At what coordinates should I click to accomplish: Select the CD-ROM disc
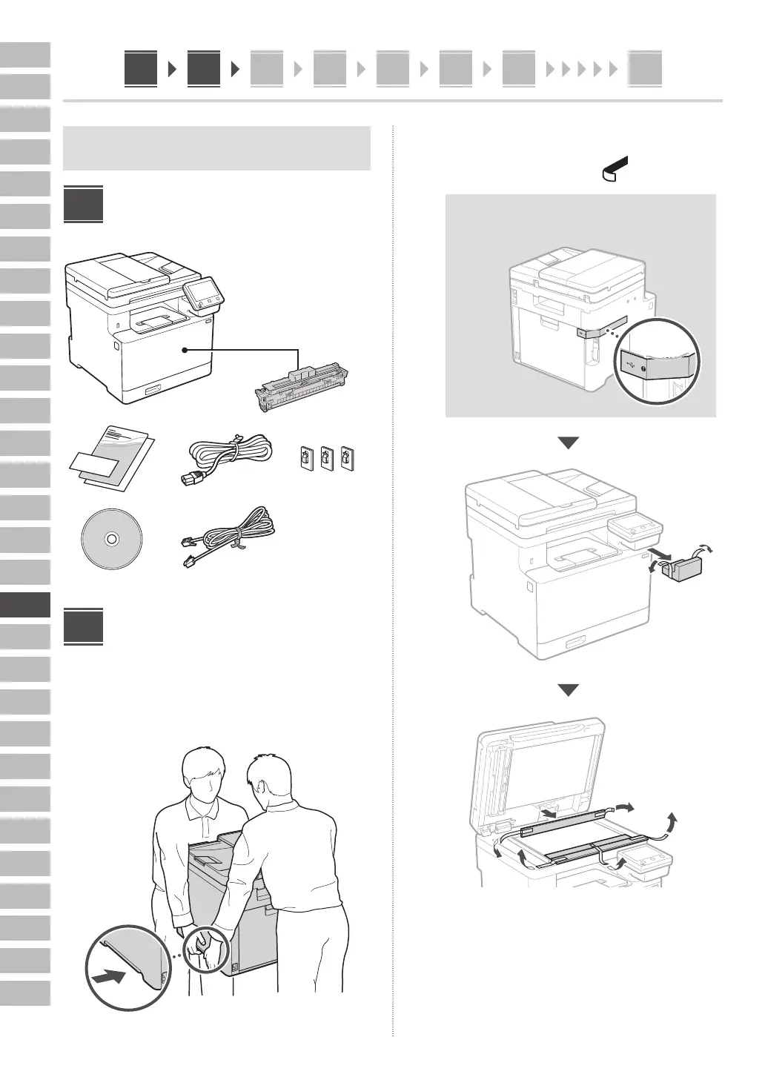click(x=111, y=539)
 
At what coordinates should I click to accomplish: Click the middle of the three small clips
click(x=325, y=458)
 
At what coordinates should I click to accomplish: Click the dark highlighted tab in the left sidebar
click(x=25, y=604)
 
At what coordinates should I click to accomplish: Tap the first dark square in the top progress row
click(x=141, y=69)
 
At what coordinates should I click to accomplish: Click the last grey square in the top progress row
click(x=644, y=70)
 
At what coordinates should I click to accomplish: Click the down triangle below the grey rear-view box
click(x=568, y=443)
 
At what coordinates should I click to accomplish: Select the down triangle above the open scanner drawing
click(x=568, y=690)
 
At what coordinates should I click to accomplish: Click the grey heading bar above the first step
click(x=217, y=148)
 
